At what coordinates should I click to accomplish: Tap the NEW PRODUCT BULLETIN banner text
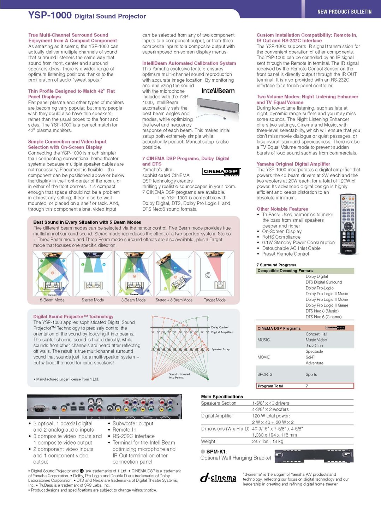pos(344,12)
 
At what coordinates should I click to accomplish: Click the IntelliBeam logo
pos(218,91)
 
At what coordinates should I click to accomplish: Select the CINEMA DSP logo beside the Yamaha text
pos(221,172)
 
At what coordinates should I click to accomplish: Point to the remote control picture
pos(348,224)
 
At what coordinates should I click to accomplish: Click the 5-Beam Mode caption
pos(52,300)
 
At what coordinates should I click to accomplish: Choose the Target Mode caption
pos(214,300)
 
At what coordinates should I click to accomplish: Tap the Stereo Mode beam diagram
pos(93,273)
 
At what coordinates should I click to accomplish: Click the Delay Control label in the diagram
pos(220,327)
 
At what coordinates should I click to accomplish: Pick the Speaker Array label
pos(220,349)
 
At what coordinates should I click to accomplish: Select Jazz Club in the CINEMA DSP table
pos(314,346)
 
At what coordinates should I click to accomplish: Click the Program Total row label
pos(270,386)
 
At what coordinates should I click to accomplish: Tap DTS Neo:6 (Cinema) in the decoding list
pos(323,317)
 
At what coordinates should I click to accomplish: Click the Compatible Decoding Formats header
pos(285,271)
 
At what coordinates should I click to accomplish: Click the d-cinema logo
pos(218,478)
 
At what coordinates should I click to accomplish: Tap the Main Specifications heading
pos(222,397)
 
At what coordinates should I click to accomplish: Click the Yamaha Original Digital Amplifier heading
pos(293,164)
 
